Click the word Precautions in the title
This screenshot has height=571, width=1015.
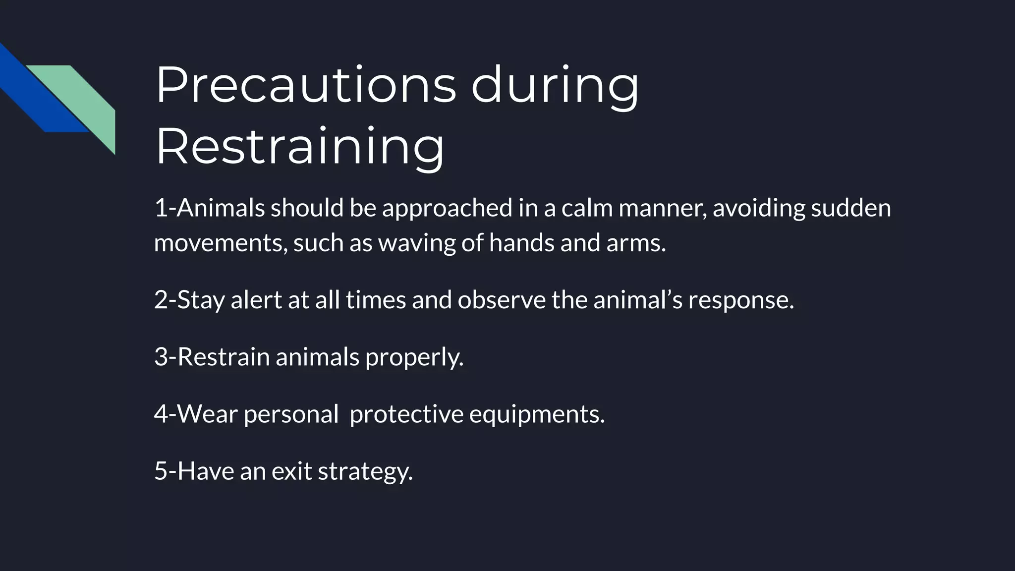click(x=305, y=85)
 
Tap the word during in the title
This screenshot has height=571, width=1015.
click(x=555, y=85)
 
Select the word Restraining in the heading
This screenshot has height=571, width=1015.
click(x=300, y=147)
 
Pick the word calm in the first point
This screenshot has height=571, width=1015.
click(x=587, y=208)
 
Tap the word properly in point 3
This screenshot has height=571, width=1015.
click(x=414, y=357)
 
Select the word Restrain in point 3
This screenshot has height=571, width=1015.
click(x=223, y=357)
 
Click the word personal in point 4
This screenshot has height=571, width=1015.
click(x=291, y=414)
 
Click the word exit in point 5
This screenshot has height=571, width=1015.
click(x=292, y=471)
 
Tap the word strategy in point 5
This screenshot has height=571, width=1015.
click(x=365, y=471)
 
